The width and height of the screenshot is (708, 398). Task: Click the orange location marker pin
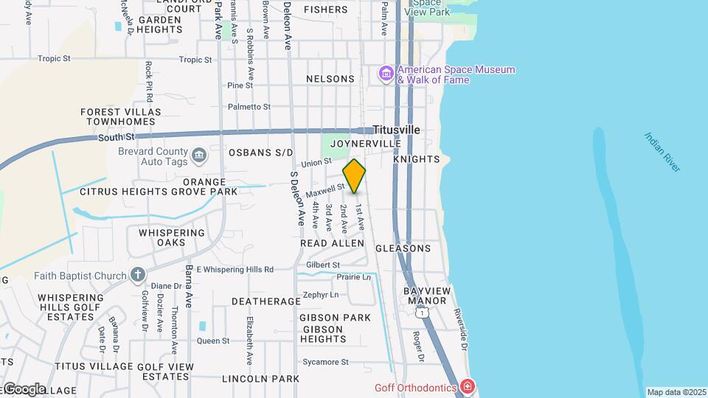pyautogui.click(x=354, y=176)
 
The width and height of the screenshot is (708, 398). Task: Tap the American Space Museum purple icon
pyautogui.click(x=386, y=74)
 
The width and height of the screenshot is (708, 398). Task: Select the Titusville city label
pyautogui.click(x=396, y=130)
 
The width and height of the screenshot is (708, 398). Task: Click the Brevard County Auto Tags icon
pyautogui.click(x=198, y=156)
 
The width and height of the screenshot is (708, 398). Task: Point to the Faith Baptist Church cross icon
pyautogui.click(x=137, y=276)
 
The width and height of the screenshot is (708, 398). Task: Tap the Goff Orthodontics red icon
pyautogui.click(x=466, y=386)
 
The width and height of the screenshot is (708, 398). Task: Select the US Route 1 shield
pyautogui.click(x=421, y=314)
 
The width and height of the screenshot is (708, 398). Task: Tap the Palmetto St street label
pyautogui.click(x=249, y=107)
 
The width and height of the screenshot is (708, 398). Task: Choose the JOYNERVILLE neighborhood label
pyautogui.click(x=366, y=143)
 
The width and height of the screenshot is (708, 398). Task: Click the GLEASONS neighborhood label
pyautogui.click(x=403, y=248)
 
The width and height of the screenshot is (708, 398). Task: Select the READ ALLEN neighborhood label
pyautogui.click(x=332, y=243)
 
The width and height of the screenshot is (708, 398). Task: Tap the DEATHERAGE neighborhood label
pyautogui.click(x=265, y=301)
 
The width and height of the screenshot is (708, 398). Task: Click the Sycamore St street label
pyautogui.click(x=325, y=362)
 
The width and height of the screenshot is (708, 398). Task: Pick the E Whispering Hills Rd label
pyautogui.click(x=235, y=269)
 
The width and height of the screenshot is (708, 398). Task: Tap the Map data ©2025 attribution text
pyautogui.click(x=676, y=392)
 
